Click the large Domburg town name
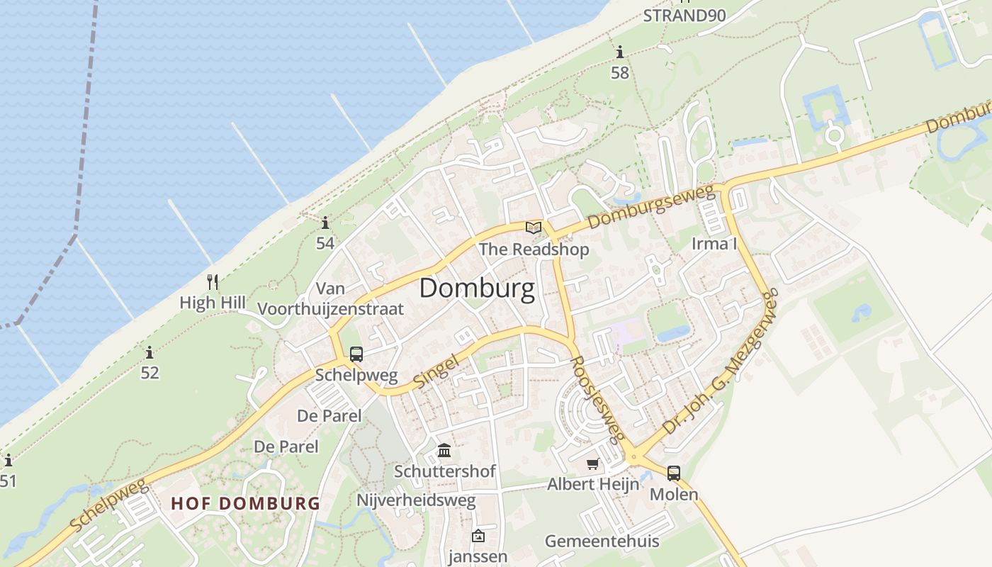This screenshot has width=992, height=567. (x=477, y=289)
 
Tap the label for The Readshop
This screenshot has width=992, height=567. (x=534, y=249)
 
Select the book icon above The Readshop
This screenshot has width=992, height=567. (x=534, y=228)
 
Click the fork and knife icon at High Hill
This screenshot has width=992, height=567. (x=212, y=282)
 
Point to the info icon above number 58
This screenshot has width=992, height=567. (x=620, y=52)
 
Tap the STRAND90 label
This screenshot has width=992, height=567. (x=684, y=16)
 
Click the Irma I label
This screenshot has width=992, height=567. (x=714, y=244)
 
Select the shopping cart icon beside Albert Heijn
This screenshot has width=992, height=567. (x=592, y=464)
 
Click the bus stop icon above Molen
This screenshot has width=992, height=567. (x=674, y=473)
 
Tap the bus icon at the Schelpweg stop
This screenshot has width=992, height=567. (x=356, y=354)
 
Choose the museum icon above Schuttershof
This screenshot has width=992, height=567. (x=444, y=450)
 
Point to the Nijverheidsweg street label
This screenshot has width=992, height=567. (x=416, y=500)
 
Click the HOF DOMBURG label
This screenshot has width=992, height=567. (x=245, y=504)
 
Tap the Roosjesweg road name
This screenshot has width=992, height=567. (x=597, y=398)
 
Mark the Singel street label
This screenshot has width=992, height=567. (x=436, y=371)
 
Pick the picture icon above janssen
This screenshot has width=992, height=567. (x=478, y=536)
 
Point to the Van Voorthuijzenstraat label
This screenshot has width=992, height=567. (x=331, y=298)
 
